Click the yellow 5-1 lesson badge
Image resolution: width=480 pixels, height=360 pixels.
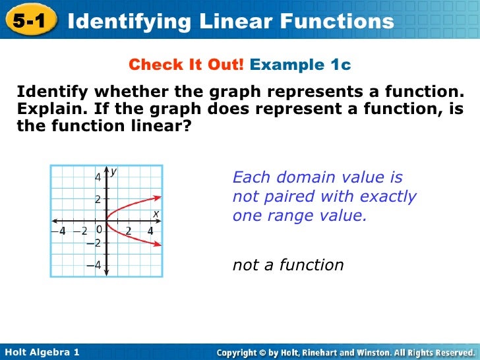tap(28, 21)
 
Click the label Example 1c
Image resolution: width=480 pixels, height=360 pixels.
tap(301, 65)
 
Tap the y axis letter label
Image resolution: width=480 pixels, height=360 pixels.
tap(113, 171)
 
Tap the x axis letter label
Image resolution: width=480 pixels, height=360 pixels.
tap(156, 214)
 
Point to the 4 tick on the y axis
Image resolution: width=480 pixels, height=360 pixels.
tap(97, 177)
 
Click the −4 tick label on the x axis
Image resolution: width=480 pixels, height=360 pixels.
tap(59, 231)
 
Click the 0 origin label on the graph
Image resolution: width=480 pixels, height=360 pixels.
tap(99, 230)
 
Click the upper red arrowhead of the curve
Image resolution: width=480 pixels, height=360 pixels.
tap(158, 196)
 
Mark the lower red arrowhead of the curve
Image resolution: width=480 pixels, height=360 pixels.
tap(158, 245)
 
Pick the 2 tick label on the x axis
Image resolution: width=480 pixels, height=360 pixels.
tap(129, 231)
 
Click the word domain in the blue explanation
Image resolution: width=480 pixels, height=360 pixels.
tap(305, 177)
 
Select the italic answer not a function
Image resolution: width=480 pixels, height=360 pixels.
tap(288, 265)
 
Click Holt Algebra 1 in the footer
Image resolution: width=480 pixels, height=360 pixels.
tap(42, 353)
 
